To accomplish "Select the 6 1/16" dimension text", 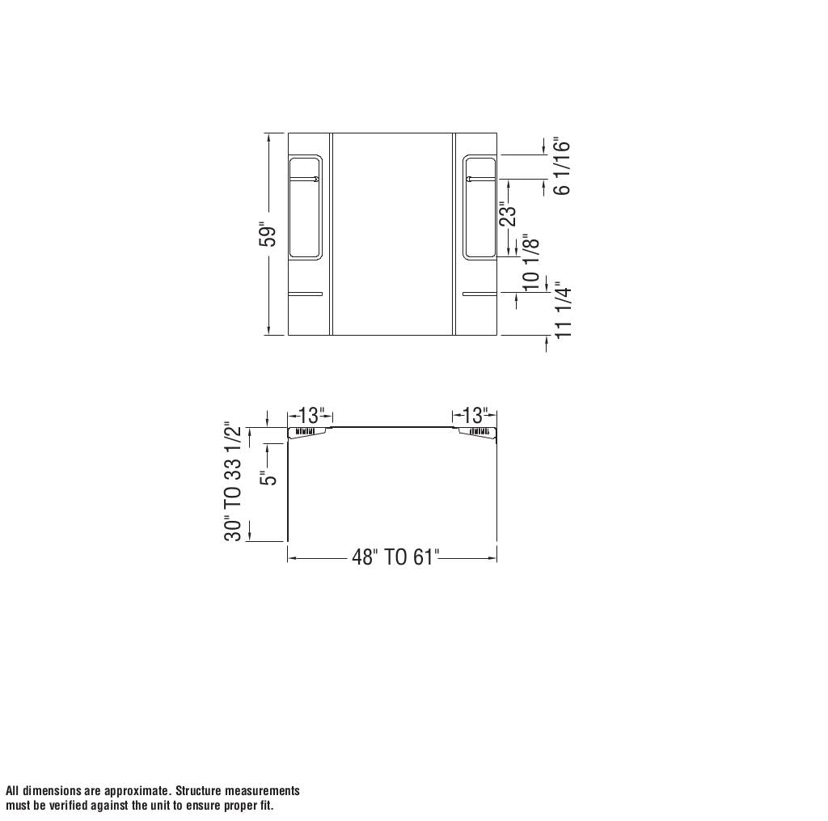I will pyautogui.click(x=562, y=167).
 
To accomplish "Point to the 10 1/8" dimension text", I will pyautogui.click(x=531, y=263).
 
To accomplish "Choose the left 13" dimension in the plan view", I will pyautogui.click(x=310, y=416).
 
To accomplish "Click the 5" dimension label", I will pyautogui.click(x=268, y=477).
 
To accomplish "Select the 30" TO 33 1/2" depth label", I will pyautogui.click(x=234, y=481).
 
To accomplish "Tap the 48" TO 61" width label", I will pyautogui.click(x=395, y=558).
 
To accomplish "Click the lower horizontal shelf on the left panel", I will pyautogui.click(x=306, y=294).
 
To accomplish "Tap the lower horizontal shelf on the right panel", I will pyautogui.click(x=479, y=294).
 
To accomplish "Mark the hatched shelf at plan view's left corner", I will pyautogui.click(x=306, y=432).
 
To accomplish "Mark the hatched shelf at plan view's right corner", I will pyautogui.click(x=477, y=432).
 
